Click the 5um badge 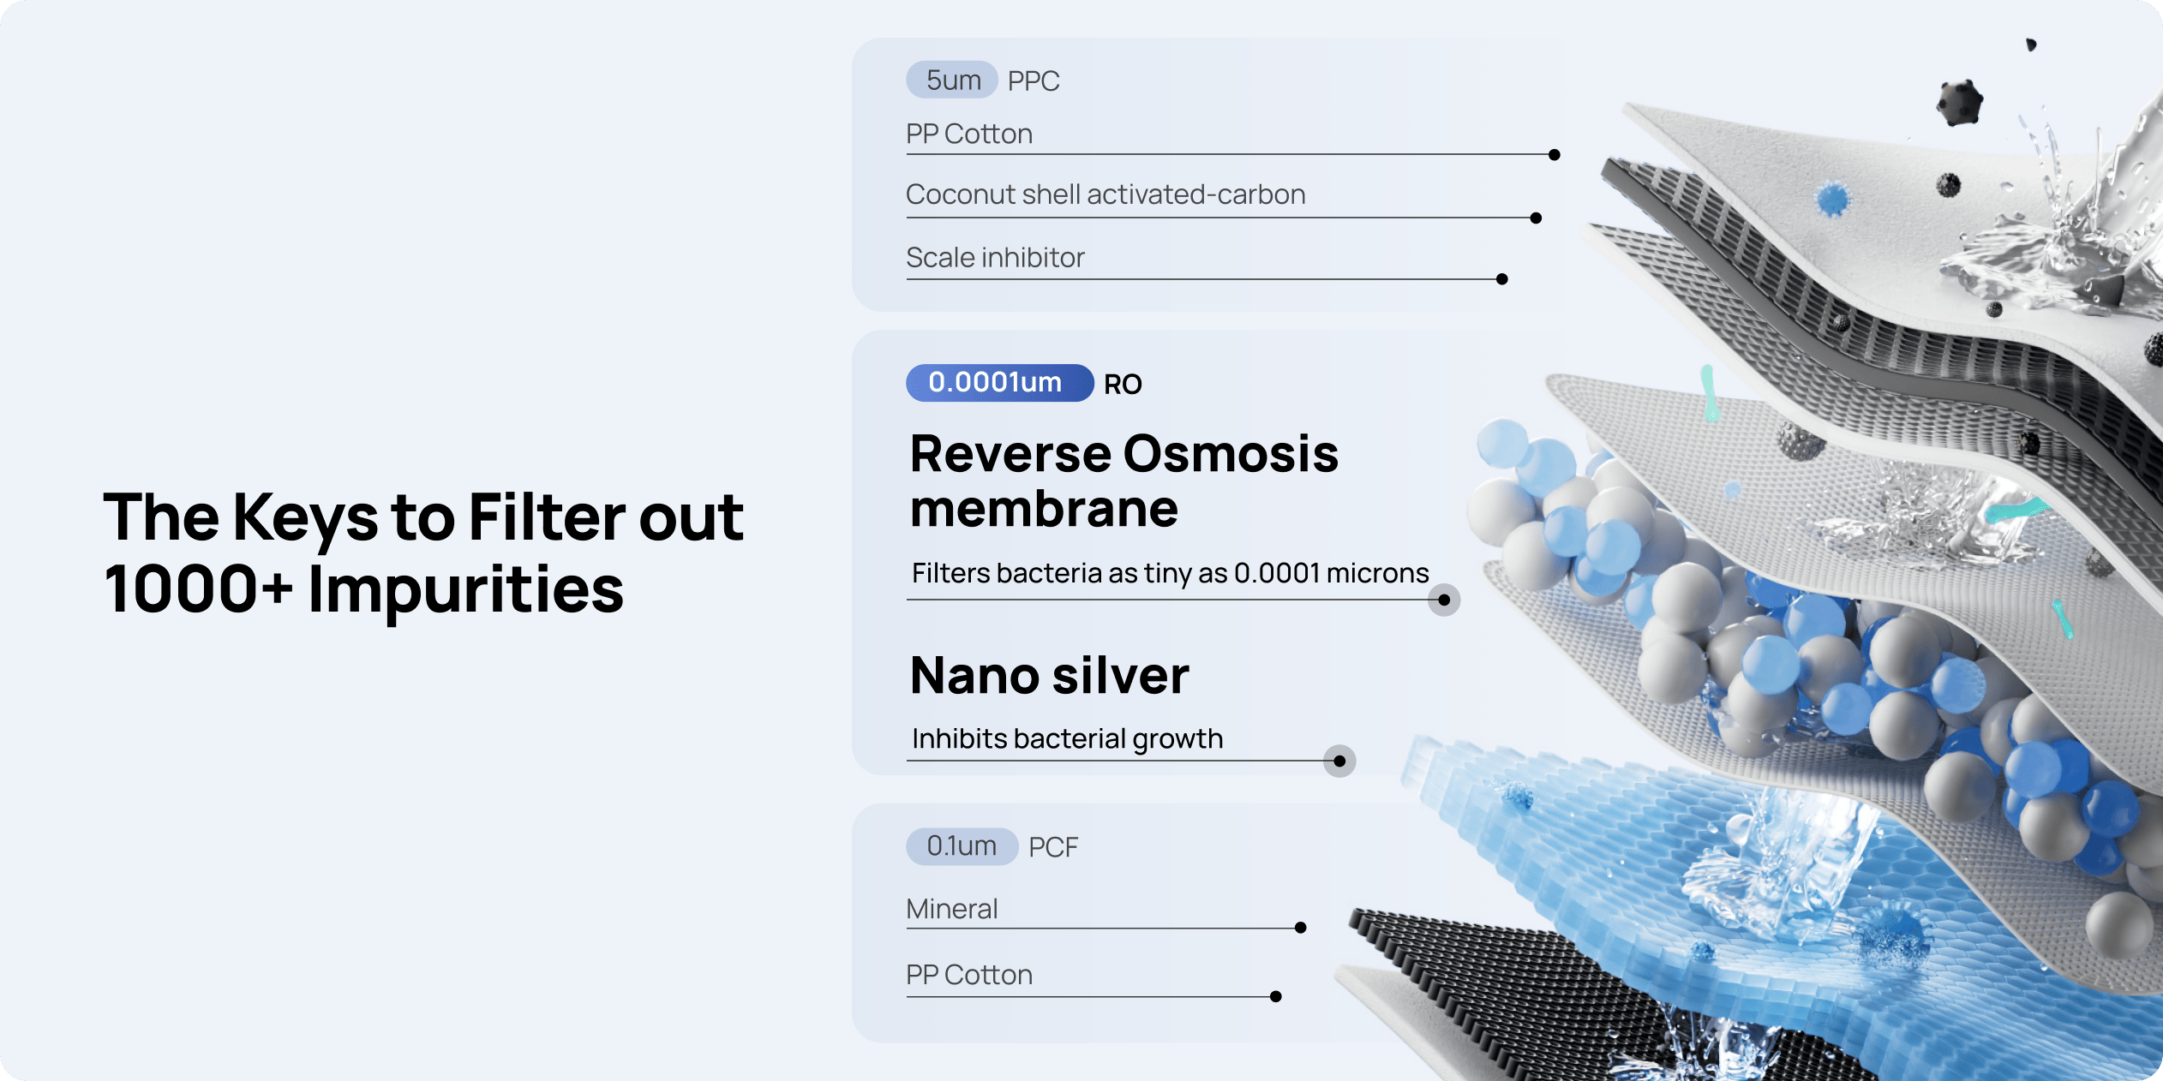click(952, 80)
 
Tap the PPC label click(1034, 81)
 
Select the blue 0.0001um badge click(999, 382)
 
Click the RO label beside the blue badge click(1123, 384)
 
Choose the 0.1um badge click(962, 846)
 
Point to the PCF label click(1053, 847)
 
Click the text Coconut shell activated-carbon click(1105, 194)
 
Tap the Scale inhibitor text click(995, 257)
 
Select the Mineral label click(952, 909)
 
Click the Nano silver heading click(1050, 675)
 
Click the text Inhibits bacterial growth click(1067, 738)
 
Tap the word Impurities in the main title click(466, 591)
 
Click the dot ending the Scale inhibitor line click(1501, 279)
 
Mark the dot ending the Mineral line click(1301, 928)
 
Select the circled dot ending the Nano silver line click(1339, 761)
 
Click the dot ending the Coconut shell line click(1536, 218)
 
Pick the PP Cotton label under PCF click(969, 975)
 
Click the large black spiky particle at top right click(1959, 103)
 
